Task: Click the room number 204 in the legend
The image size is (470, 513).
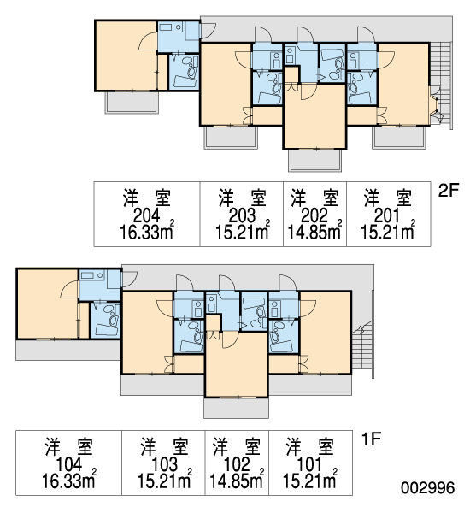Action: pyautogui.click(x=146, y=215)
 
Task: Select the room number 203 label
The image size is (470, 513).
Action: pyautogui.click(x=242, y=215)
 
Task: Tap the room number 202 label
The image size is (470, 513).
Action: pyautogui.click(x=314, y=215)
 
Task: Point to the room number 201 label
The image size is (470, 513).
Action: pyautogui.click(x=387, y=215)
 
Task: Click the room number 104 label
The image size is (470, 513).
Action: pyautogui.click(x=69, y=464)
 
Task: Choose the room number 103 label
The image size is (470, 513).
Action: pyautogui.click(x=165, y=464)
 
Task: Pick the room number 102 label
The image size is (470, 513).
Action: pyautogui.click(x=237, y=464)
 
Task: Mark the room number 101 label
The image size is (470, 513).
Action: pyautogui.click(x=309, y=464)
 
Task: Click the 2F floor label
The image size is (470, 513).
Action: pyautogui.click(x=449, y=190)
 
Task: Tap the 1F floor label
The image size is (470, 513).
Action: pyautogui.click(x=372, y=439)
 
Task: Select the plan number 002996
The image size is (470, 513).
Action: pyautogui.click(x=428, y=488)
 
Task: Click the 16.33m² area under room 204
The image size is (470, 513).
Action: pyautogui.click(x=147, y=231)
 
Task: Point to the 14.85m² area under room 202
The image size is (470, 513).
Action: pyautogui.click(x=314, y=231)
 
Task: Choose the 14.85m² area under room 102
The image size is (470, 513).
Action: pyautogui.click(x=237, y=480)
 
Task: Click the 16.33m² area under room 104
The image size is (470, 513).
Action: pyautogui.click(x=69, y=480)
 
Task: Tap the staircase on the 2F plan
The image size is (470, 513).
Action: pyautogui.click(x=441, y=84)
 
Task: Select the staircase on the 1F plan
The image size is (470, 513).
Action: pyautogui.click(x=362, y=349)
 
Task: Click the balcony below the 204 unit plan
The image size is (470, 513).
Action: pyautogui.click(x=132, y=103)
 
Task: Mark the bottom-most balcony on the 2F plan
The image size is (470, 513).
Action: pyautogui.click(x=315, y=161)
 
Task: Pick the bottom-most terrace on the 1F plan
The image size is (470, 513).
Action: pyautogui.click(x=236, y=408)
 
